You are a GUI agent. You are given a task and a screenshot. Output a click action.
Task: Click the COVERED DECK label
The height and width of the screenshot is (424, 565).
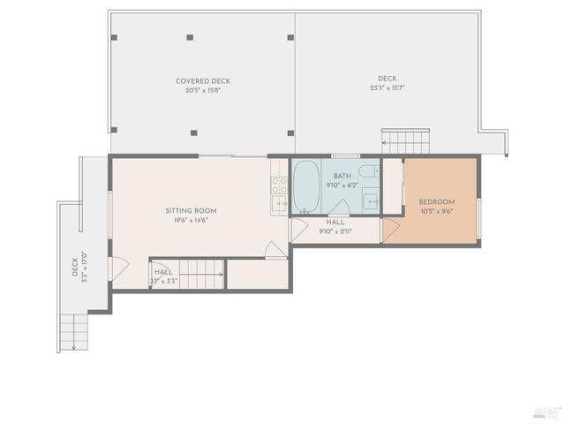(202, 81)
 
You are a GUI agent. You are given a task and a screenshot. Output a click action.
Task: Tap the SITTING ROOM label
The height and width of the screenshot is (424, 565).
(191, 211)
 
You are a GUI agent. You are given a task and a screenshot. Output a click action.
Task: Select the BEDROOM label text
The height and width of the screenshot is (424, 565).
(436, 202)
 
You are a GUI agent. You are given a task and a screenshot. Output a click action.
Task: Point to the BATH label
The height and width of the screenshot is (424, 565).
(342, 177)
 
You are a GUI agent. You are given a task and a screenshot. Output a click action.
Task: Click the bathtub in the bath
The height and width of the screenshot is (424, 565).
(306, 187)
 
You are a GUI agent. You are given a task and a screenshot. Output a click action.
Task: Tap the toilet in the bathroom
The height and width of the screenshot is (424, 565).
(369, 170)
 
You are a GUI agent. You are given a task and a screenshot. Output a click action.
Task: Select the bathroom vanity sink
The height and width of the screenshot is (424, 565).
(371, 201)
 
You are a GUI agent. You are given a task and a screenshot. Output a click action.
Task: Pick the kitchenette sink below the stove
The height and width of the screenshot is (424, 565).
(278, 205)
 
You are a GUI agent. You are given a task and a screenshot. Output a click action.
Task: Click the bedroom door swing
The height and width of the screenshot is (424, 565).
(389, 232)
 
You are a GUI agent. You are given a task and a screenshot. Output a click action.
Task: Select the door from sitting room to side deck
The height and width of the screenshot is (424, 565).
(117, 266)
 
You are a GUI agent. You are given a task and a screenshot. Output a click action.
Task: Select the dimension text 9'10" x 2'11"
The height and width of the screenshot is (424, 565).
(335, 231)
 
